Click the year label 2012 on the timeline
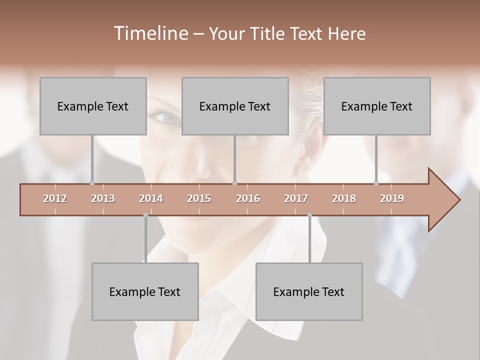(55, 198)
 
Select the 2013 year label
(103, 198)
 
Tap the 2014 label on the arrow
(151, 198)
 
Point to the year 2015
(199, 198)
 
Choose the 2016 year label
(248, 198)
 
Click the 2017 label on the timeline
(296, 198)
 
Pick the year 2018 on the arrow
(344, 198)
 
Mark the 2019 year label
(392, 198)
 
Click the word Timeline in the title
(150, 33)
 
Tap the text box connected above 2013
(93, 106)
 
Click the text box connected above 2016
(235, 106)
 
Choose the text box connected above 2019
(377, 106)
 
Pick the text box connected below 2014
(145, 291)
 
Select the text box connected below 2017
(309, 291)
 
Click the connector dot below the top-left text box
(92, 183)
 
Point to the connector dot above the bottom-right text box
(309, 215)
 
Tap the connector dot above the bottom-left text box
(145, 215)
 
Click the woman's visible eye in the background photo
(165, 117)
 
